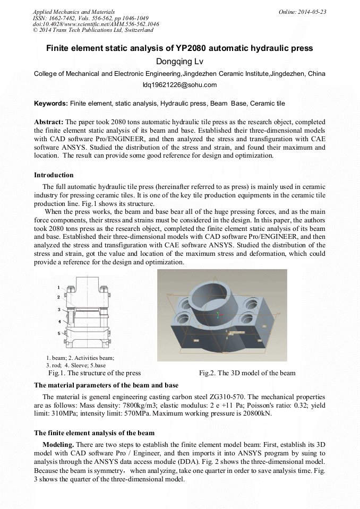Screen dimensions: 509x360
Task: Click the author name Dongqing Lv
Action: pos(179,62)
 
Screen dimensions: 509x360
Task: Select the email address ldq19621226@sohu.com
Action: pos(179,84)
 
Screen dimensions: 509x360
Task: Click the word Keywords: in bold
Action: pos(50,103)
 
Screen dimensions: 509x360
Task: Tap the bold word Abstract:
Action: pos(49,122)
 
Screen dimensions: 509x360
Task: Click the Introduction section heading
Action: pos(54,175)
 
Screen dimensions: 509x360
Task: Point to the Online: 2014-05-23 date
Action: pos(302,12)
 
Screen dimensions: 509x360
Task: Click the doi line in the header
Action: pos(96,24)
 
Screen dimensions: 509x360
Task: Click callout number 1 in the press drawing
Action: pos(58,287)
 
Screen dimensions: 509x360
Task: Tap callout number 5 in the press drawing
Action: pos(59,333)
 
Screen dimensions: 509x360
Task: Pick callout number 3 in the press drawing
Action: pos(59,309)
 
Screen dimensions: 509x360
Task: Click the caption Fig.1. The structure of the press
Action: pos(94,373)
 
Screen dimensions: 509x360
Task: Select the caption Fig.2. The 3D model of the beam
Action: pos(247,373)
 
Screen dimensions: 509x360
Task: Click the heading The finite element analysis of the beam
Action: pos(94,433)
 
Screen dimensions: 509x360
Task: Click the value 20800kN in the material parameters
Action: pos(253,414)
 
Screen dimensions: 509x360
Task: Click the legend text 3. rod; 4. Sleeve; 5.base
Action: pos(76,365)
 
